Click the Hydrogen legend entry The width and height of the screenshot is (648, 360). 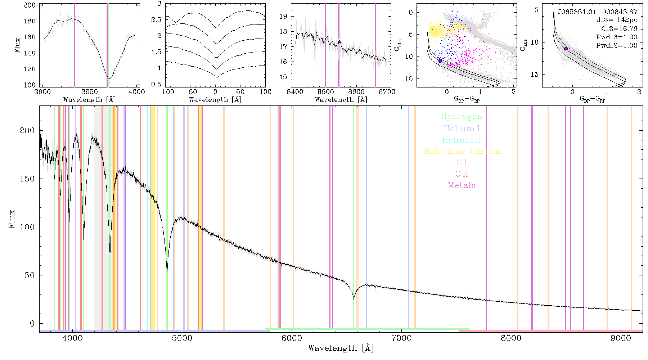[x=461, y=117]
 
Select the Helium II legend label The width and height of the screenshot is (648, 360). [x=462, y=140]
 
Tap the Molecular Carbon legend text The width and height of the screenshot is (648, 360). [x=462, y=151]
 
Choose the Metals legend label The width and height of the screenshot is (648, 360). [x=462, y=185]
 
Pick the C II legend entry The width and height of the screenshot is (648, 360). [x=462, y=174]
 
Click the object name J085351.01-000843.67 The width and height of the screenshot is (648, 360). [x=598, y=12]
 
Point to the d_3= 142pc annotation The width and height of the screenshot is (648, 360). [x=617, y=20]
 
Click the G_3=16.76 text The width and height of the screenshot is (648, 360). [x=619, y=29]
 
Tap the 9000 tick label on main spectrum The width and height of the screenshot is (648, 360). [x=621, y=338]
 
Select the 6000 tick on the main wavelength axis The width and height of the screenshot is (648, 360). [x=292, y=338]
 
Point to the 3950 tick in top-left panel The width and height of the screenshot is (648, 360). [x=90, y=91]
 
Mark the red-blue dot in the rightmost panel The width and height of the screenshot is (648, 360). [x=566, y=49]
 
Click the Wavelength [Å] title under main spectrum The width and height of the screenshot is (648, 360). [x=341, y=348]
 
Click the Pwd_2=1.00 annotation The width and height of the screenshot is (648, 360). [x=617, y=46]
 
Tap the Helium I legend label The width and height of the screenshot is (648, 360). [x=462, y=128]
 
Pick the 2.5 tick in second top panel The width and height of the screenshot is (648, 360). [x=156, y=19]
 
